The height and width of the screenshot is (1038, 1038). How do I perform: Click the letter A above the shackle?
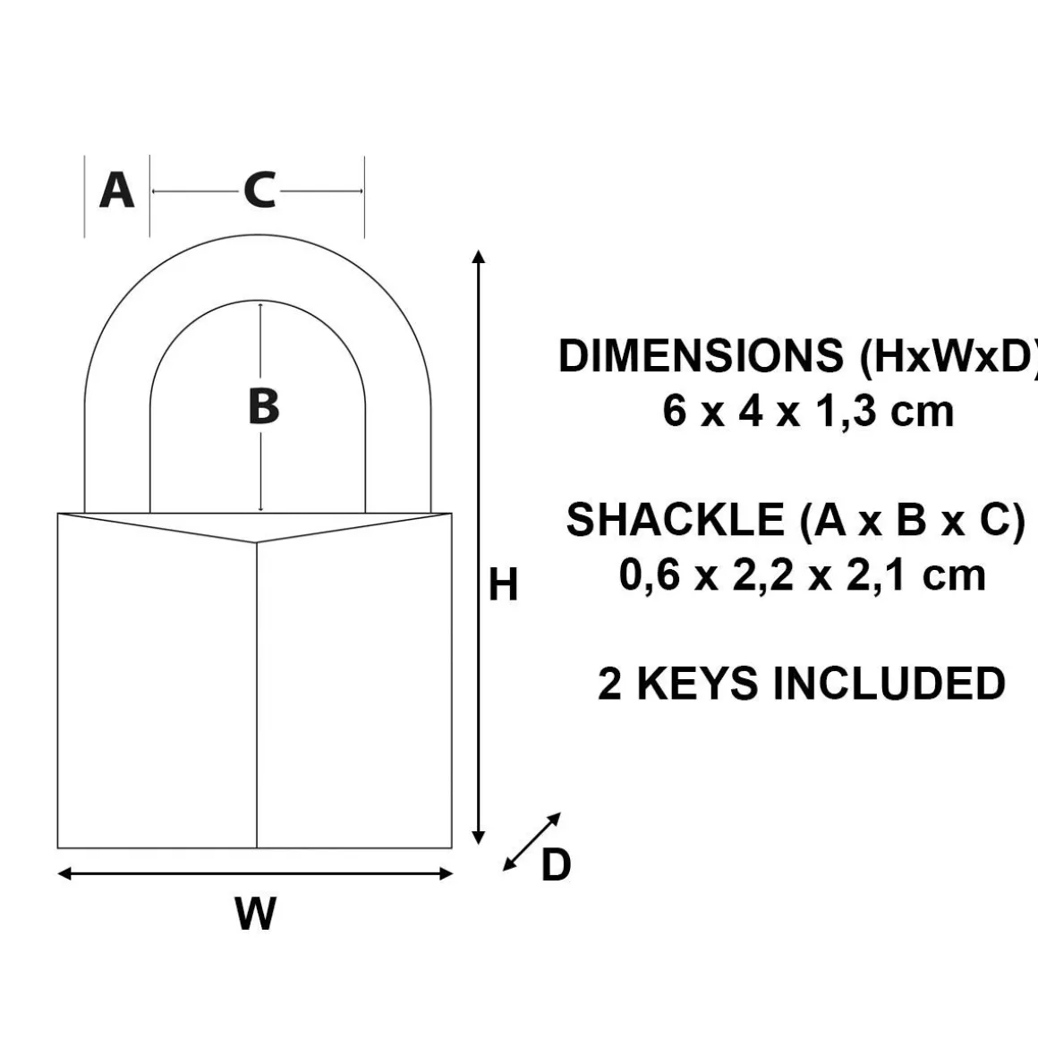click(116, 190)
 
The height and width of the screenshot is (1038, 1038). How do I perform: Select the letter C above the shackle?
click(259, 191)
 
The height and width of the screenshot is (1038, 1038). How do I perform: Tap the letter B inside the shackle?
click(263, 406)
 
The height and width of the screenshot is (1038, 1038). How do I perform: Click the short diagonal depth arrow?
click(532, 841)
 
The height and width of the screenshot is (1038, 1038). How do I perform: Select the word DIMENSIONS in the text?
click(701, 355)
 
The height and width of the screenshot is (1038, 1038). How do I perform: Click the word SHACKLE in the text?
click(676, 519)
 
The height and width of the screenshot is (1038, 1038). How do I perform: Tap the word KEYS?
click(697, 683)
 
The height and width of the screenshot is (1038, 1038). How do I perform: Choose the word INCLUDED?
click(889, 683)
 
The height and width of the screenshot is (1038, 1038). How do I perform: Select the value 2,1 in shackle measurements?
click(875, 574)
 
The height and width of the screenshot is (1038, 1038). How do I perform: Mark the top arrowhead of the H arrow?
click(480, 256)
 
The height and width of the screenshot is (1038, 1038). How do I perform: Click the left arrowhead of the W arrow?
click(64, 874)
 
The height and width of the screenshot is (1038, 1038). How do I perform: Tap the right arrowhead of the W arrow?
click(446, 874)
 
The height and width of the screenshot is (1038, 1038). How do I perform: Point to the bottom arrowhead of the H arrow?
click(480, 838)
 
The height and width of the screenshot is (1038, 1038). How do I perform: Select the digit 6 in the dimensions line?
click(674, 411)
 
